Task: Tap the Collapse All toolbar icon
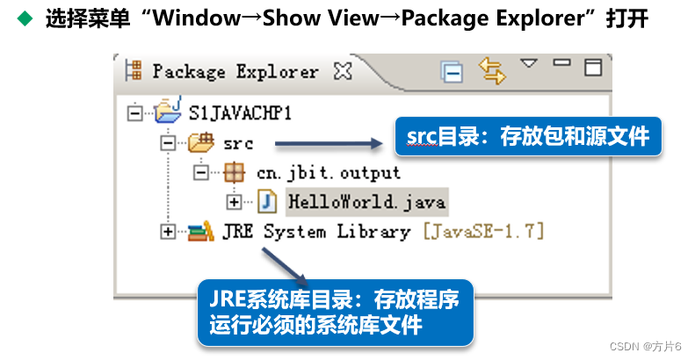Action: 452,72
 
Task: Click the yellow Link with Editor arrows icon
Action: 493,70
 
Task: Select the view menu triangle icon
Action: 529,63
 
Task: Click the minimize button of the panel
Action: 561,64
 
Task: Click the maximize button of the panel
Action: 593,66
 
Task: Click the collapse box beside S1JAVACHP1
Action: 134,113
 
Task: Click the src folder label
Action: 237,143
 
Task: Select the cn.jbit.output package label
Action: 328,172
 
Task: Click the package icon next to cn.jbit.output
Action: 234,172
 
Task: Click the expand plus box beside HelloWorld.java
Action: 234,202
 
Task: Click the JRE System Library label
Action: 315,232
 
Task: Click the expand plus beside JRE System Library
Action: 167,232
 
